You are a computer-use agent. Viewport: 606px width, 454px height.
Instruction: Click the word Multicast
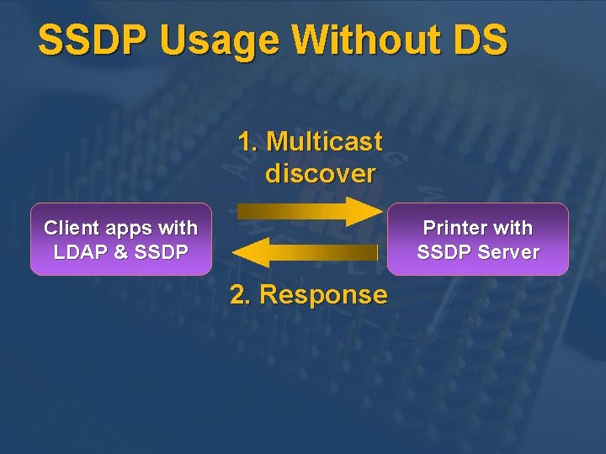[324, 141]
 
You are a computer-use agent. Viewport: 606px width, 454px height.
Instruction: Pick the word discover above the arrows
[320, 173]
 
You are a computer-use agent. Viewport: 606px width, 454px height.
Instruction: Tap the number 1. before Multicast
[247, 141]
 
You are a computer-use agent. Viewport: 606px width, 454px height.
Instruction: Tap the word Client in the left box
[72, 228]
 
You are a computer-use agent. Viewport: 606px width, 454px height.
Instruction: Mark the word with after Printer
[513, 228]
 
